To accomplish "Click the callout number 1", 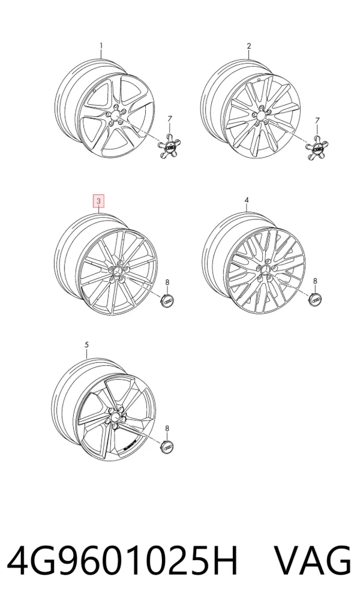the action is pos(101,46).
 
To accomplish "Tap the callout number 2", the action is pos(249,46).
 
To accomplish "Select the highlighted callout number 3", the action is pos(99,201).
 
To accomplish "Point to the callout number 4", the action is pos(247,200).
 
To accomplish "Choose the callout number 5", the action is pos(86,345).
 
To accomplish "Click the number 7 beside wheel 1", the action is pos(169,118).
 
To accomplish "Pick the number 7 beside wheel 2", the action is pos(317,121).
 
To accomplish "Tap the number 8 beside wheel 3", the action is pos(167,282).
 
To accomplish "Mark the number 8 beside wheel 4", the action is pos(315,281).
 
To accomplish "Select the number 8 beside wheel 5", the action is pos(167,428).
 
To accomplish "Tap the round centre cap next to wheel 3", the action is pos(168,300).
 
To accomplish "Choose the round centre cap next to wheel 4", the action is pos(316,299).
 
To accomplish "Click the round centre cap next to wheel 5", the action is pos(167,447).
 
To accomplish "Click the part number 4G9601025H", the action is pos(122,561).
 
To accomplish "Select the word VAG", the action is pos(313,561).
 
